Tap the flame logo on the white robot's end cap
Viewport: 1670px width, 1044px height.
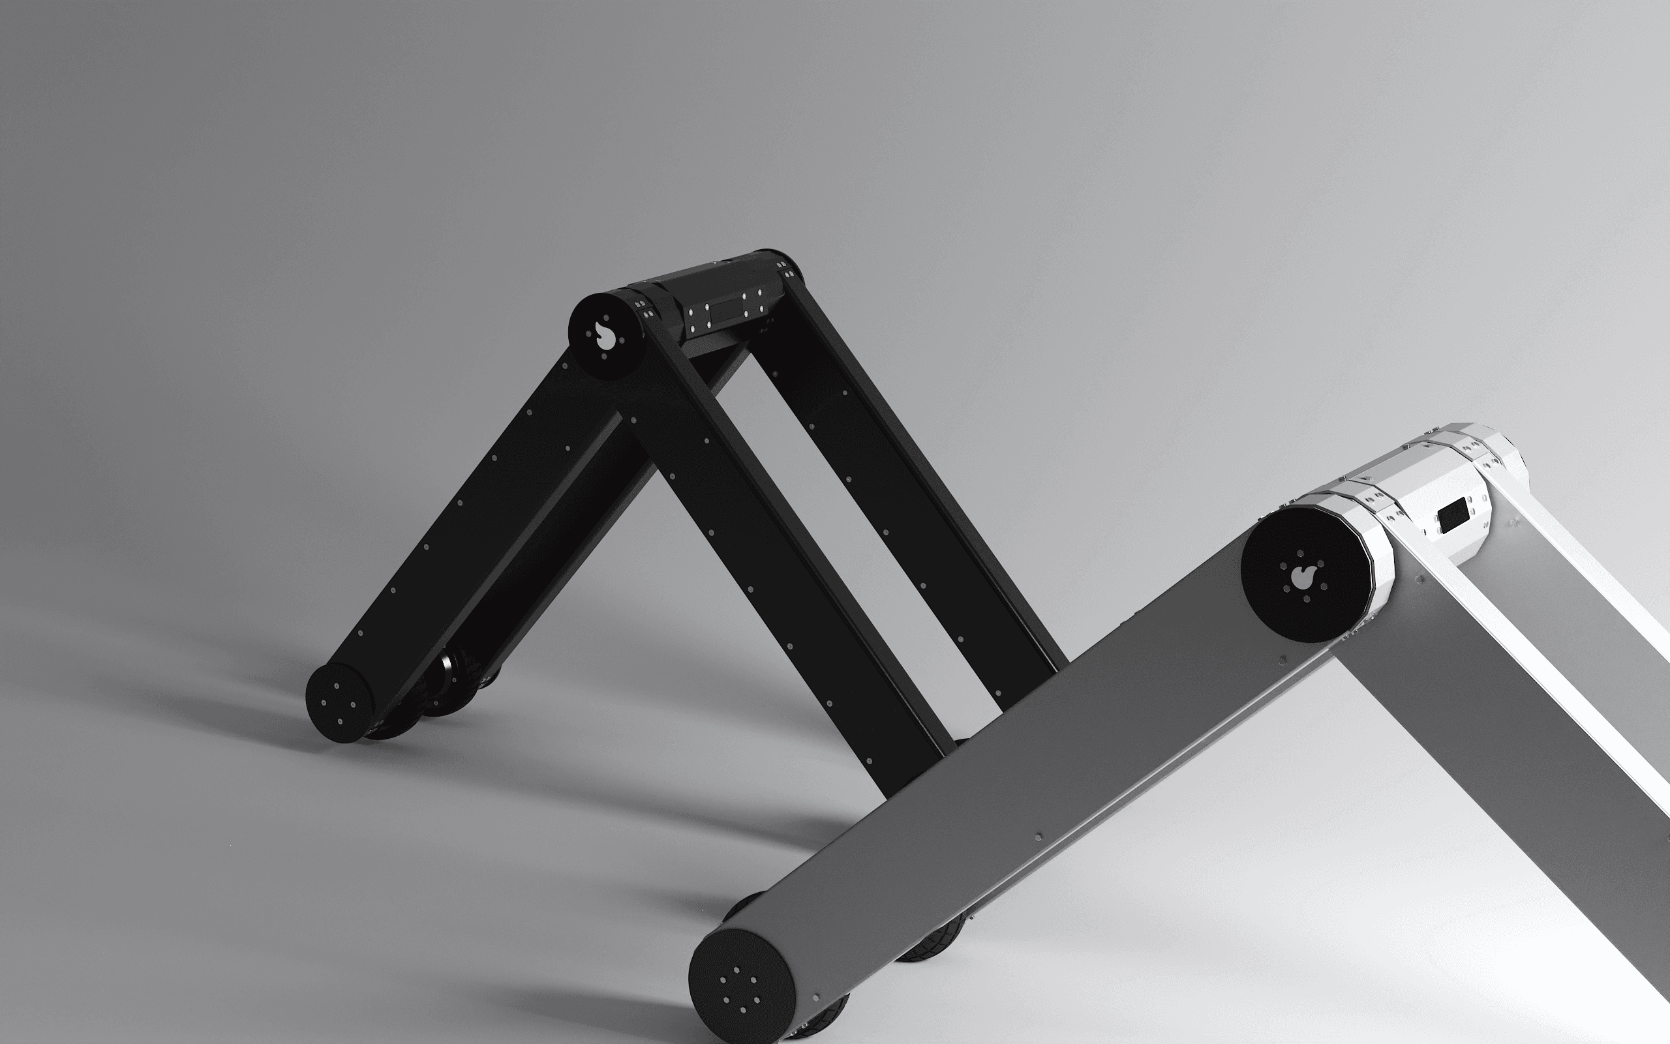(1303, 577)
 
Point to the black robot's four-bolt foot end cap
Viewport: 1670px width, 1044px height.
(339, 702)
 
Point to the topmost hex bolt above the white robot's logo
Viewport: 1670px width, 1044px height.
(1301, 553)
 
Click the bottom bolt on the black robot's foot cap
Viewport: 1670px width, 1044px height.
(340, 723)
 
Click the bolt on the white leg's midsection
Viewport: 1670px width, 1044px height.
(1038, 837)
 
